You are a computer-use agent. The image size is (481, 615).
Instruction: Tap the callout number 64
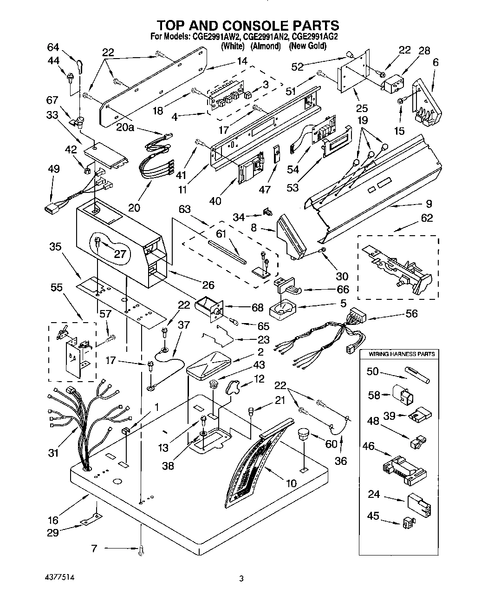point(53,47)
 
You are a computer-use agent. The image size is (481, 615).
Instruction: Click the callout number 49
point(53,169)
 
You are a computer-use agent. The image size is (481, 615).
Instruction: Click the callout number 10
point(291,483)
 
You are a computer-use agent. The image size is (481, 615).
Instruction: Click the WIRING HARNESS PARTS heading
point(402,354)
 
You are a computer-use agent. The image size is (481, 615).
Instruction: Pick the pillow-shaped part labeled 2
point(208,361)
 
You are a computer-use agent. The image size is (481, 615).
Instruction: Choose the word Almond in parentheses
point(266,46)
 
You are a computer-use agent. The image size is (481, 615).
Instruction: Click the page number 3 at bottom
point(241,579)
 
